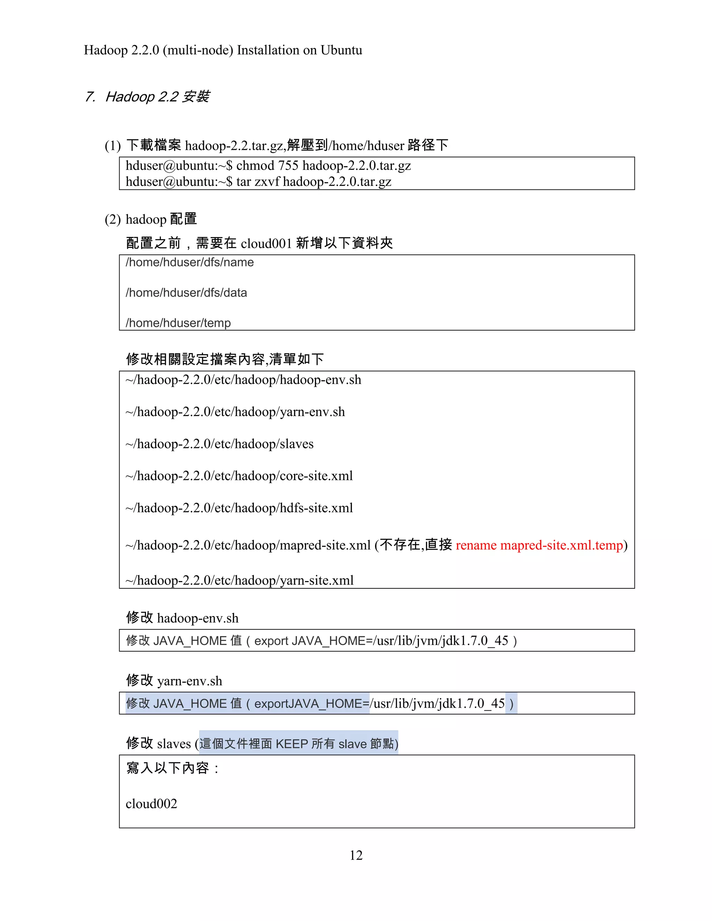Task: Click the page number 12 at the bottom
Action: pyautogui.click(x=356, y=855)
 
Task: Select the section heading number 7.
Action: pyautogui.click(x=89, y=97)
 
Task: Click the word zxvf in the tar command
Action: pyautogui.click(x=267, y=182)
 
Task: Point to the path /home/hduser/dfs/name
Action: pyautogui.click(x=189, y=262)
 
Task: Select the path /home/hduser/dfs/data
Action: pyautogui.click(x=186, y=293)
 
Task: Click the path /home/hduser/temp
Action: pyautogui.click(x=178, y=323)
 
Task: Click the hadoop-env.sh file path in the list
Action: pyautogui.click(x=243, y=380)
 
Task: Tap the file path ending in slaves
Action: pyautogui.click(x=219, y=444)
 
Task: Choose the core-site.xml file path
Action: pyautogui.click(x=239, y=476)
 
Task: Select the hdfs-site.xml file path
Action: pyautogui.click(x=239, y=508)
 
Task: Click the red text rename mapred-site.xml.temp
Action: pyautogui.click(x=539, y=545)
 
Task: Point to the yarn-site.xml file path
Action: pyautogui.click(x=240, y=581)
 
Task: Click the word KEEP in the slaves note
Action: pyautogui.click(x=291, y=744)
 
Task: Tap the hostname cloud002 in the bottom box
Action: pyautogui.click(x=152, y=804)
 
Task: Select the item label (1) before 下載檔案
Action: pyautogui.click(x=113, y=146)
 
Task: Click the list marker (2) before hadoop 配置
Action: pyautogui.click(x=113, y=220)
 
